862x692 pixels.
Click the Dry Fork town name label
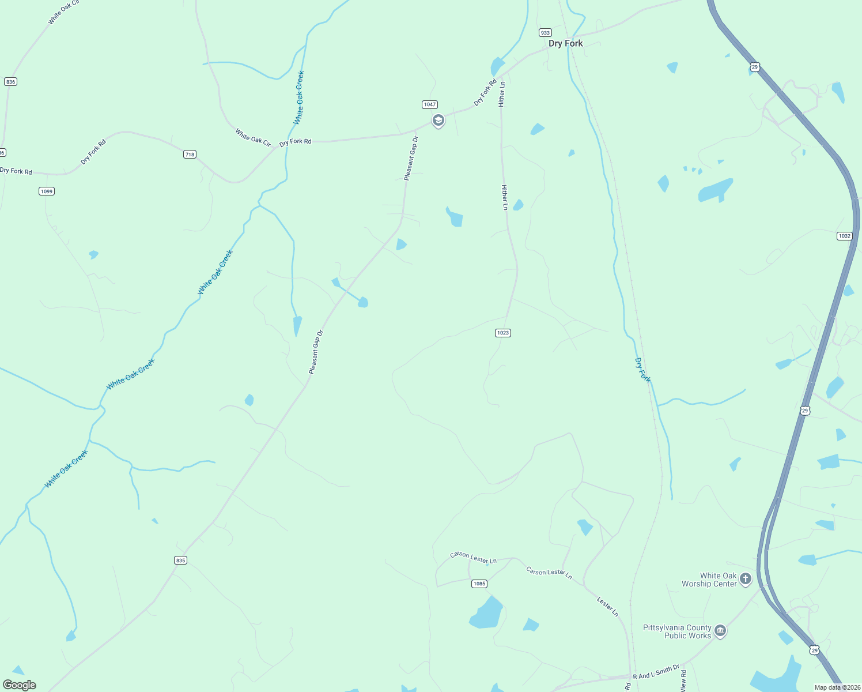[565, 43]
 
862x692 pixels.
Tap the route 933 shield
[545, 33]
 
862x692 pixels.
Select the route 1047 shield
[430, 104]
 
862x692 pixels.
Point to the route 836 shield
[10, 82]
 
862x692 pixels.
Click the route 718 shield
[190, 154]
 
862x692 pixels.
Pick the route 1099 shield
[47, 191]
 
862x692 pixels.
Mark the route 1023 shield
[503, 333]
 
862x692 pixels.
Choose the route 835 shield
[181, 560]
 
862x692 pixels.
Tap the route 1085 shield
[479, 584]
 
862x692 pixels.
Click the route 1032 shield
[844, 236]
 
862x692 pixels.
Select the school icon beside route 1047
[438, 121]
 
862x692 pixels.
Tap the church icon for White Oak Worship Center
[746, 578]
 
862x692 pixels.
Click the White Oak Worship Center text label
[709, 580]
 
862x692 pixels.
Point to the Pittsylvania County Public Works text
[677, 631]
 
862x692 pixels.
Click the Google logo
[20, 685]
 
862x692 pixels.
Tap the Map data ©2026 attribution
[837, 687]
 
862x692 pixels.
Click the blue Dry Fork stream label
[642, 370]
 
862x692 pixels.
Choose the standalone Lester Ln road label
[607, 607]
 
